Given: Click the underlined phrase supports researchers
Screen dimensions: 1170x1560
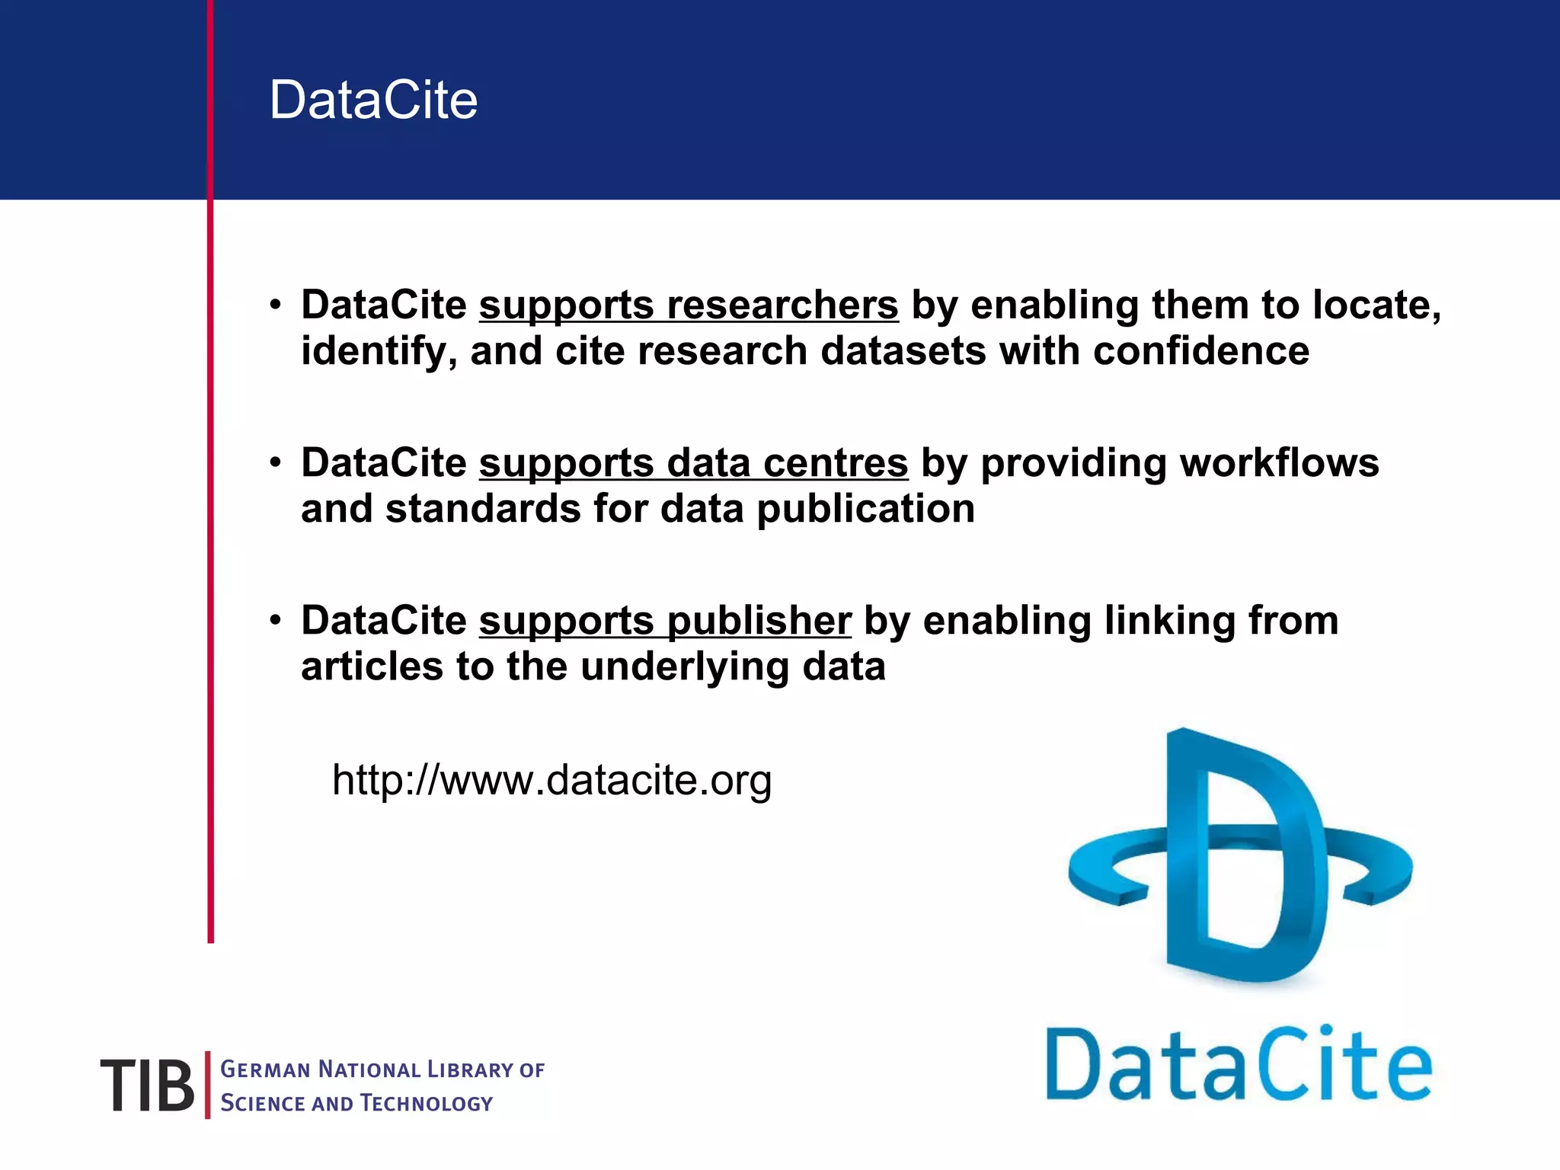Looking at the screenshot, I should click(689, 305).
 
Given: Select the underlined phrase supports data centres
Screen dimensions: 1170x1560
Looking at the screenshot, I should click(693, 463).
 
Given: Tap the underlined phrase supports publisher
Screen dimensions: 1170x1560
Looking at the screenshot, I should click(665, 621).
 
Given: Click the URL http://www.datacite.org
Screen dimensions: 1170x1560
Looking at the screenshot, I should click(551, 780).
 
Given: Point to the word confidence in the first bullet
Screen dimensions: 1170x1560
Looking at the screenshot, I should click(1201, 351).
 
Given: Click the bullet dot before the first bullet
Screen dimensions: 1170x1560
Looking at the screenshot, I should click(276, 305).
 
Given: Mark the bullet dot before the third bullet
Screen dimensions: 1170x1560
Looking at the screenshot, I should click(276, 620).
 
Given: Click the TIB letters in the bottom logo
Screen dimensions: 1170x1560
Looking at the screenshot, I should click(147, 1085).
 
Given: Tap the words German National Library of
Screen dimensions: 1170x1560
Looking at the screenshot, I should click(382, 1069).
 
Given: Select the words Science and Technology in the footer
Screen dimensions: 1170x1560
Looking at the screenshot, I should click(356, 1103).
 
